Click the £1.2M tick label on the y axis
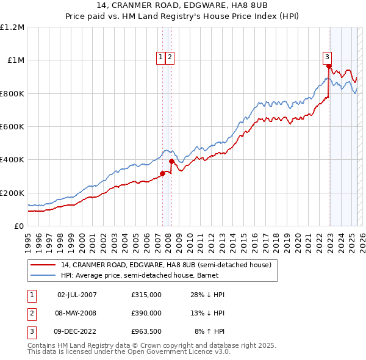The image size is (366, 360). [x=12, y=27]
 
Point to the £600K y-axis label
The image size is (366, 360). [x=12, y=127]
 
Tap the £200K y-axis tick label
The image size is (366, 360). [x=12, y=193]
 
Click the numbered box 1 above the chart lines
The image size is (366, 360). [x=161, y=57]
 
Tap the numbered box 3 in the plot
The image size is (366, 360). [x=328, y=57]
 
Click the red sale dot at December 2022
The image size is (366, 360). [x=329, y=67]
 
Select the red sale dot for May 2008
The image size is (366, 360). [x=171, y=162]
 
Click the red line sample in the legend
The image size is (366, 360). [x=43, y=265]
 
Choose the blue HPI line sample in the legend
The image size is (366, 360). [x=43, y=275]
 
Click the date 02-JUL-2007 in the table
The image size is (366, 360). [x=77, y=295]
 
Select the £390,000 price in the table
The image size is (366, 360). [x=146, y=313]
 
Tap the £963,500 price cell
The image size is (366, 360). [x=146, y=331]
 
